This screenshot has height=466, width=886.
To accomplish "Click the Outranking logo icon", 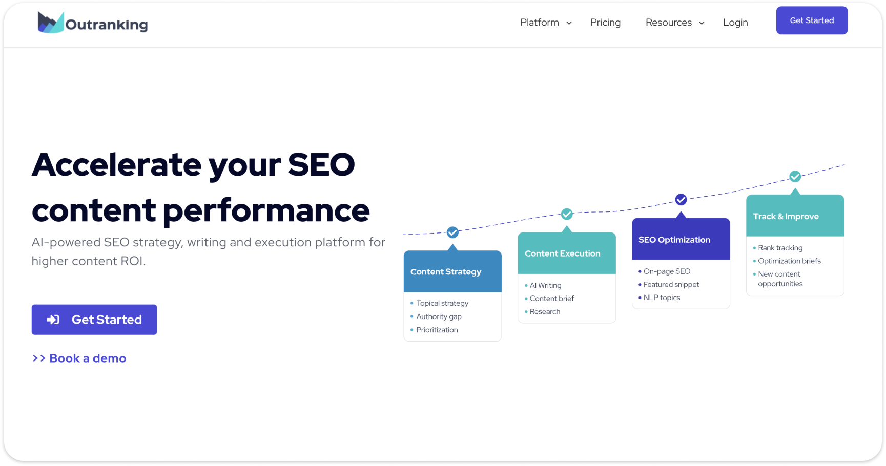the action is tap(50, 23).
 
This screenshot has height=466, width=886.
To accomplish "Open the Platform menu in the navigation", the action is tap(545, 23).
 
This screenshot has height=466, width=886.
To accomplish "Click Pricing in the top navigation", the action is tap(605, 23).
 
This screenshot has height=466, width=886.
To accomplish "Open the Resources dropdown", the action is tap(674, 23).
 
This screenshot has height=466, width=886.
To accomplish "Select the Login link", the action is tap(735, 23).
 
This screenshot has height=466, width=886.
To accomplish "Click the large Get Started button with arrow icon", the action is tap(94, 320).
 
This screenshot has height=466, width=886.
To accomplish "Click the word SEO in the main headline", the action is tap(321, 165).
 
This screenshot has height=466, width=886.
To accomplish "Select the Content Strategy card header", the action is tap(452, 271).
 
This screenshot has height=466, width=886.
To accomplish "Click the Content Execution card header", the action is tap(566, 253).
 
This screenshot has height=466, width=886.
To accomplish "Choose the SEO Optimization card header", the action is tap(681, 240).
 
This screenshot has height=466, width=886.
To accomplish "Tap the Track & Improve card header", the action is tap(795, 216).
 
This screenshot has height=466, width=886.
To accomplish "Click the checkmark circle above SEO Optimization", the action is tap(681, 200).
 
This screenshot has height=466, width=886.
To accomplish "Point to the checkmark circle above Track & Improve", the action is tap(795, 177).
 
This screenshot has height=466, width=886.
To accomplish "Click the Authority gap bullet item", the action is tap(439, 316).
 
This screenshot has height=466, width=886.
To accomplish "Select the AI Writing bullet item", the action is tap(545, 285).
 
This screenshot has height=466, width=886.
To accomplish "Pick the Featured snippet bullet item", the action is tap(671, 284).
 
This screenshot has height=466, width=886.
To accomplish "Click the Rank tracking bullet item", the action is tap(780, 248).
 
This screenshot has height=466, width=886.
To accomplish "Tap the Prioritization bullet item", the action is tap(437, 330).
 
